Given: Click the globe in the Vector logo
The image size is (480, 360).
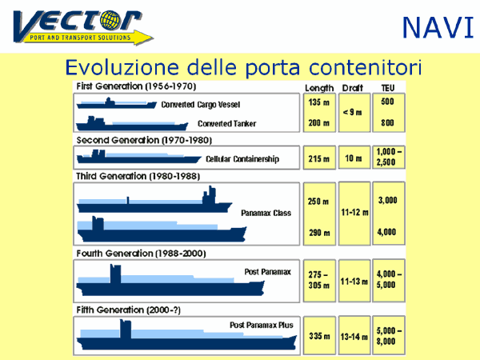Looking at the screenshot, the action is (x=110, y=20).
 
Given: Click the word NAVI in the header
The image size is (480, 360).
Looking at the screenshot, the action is (x=438, y=28).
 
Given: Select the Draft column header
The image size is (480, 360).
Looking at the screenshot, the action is (x=352, y=88).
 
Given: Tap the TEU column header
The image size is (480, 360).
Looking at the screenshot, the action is (x=388, y=88).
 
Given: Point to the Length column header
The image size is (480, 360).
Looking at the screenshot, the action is (x=319, y=89).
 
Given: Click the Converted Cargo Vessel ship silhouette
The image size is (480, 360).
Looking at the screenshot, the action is (x=117, y=103).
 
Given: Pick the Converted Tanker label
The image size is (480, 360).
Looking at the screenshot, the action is (x=227, y=124).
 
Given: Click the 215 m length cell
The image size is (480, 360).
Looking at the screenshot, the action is (x=319, y=158).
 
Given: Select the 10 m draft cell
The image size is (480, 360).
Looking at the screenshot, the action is (x=354, y=158).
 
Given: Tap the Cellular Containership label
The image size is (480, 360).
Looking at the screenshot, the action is (x=242, y=159).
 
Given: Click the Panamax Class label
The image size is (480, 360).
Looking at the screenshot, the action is (x=266, y=213).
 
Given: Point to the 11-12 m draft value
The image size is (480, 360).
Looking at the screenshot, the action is (x=354, y=213).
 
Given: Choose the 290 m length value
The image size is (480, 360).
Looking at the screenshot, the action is (x=319, y=233).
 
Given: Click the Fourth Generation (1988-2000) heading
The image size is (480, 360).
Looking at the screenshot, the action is (x=141, y=254).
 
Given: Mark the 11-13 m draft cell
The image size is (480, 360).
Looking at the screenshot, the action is (x=354, y=281).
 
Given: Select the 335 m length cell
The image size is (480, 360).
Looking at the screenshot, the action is (x=319, y=336).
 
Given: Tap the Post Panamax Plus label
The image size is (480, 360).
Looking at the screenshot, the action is (x=262, y=325).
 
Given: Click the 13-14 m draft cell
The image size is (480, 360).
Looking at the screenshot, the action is (x=354, y=336).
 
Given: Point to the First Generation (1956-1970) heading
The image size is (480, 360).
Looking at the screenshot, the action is (x=136, y=86).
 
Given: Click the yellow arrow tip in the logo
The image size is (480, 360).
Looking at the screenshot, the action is (x=153, y=38).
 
